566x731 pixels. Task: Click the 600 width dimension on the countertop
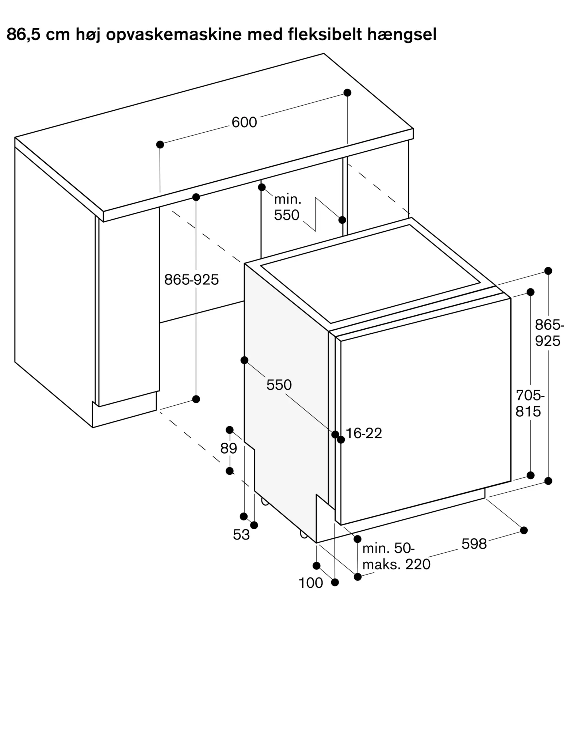pos(244,122)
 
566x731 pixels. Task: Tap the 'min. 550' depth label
pos(287,207)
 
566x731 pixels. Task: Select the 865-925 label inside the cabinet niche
pos(191,280)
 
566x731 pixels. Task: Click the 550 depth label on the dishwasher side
pos(279,385)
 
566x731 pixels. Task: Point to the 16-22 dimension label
pos(364,433)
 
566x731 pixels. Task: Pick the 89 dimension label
pos(229,448)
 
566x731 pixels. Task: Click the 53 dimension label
pos(241,535)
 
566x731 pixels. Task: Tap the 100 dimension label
pos(311,583)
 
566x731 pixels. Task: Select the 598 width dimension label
pos(474,544)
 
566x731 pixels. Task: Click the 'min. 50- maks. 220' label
pos(396,556)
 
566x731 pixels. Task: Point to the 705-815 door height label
pos(530,404)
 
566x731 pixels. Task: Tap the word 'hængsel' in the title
pos(402,35)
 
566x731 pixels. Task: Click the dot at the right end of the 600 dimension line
pos(347,93)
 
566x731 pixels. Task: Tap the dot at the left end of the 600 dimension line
pos(160,145)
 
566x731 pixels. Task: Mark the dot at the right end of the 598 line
pos(524,530)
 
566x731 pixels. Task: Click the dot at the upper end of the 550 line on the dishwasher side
pos(244,360)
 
